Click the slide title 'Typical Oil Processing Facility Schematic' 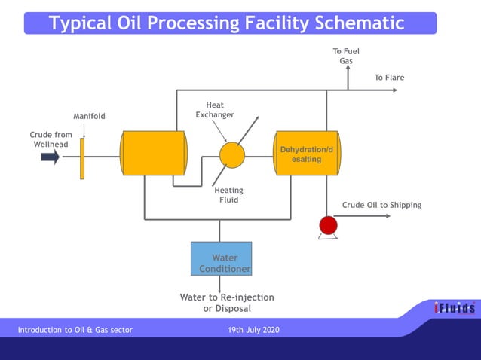tap(227, 23)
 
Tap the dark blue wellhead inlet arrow tap(50, 157)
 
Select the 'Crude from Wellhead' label tap(51, 139)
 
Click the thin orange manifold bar tap(82, 157)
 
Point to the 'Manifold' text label tap(89, 117)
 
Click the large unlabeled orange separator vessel tap(154, 153)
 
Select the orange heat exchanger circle tap(232, 155)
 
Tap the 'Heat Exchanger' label tap(215, 110)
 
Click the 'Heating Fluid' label tap(228, 195)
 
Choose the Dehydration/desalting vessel tap(307, 154)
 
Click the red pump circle tap(328, 225)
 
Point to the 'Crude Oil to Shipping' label tap(381, 205)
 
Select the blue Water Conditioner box tap(221, 258)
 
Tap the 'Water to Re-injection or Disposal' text tap(226, 303)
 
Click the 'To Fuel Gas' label tap(346, 56)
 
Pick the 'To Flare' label tap(389, 78)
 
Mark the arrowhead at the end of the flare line tap(394, 90)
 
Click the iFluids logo tap(454, 308)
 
